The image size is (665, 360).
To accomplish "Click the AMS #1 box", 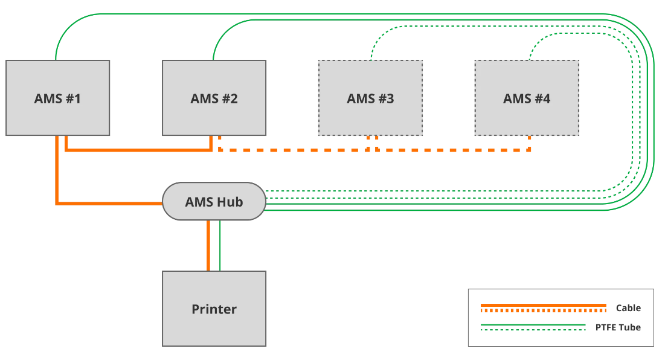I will [x=57, y=98].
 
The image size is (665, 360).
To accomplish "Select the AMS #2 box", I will [x=214, y=98].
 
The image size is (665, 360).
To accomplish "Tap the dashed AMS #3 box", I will [x=370, y=98].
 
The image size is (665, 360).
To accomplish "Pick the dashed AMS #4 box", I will [x=527, y=98].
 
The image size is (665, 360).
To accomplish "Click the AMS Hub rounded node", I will [x=214, y=201].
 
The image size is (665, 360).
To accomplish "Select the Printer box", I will [x=214, y=309].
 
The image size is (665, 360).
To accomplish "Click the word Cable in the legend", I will [x=628, y=308].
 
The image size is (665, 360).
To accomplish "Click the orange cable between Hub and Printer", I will [x=208, y=245].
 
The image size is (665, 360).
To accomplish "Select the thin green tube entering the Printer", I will [x=220, y=245].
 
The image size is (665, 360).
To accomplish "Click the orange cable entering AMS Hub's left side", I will [x=109, y=204].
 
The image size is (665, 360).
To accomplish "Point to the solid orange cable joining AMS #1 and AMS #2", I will [x=139, y=149].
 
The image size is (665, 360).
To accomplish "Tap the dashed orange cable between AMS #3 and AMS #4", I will [x=453, y=150].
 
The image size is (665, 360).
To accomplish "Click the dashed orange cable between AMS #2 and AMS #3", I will [x=293, y=150].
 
